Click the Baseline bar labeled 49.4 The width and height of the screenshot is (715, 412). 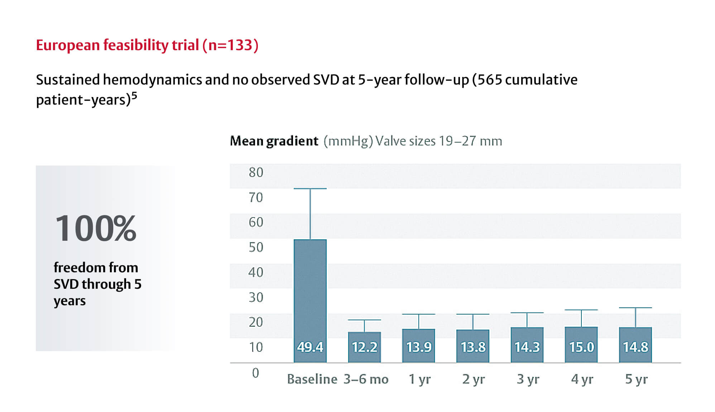point(310,301)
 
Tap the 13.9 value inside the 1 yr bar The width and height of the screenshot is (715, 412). point(419,347)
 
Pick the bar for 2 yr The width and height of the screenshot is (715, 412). point(473,346)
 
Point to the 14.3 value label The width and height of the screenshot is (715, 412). point(527,347)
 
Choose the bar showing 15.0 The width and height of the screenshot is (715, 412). point(581,345)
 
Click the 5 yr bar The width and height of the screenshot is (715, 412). point(635,345)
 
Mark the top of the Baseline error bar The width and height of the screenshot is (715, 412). point(310,188)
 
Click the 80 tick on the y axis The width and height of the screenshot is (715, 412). point(256,172)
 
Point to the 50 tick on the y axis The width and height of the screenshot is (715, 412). point(256,247)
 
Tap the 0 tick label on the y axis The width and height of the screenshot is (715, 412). point(255,373)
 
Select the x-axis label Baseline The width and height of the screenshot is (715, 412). point(312,379)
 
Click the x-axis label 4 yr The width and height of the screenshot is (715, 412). point(582,379)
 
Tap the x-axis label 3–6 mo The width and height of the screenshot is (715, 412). point(366,379)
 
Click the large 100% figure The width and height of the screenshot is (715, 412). point(96,228)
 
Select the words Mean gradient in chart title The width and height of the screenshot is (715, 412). point(274,141)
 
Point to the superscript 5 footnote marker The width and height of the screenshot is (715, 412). point(134,96)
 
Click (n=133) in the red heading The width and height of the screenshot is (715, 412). point(230,45)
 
